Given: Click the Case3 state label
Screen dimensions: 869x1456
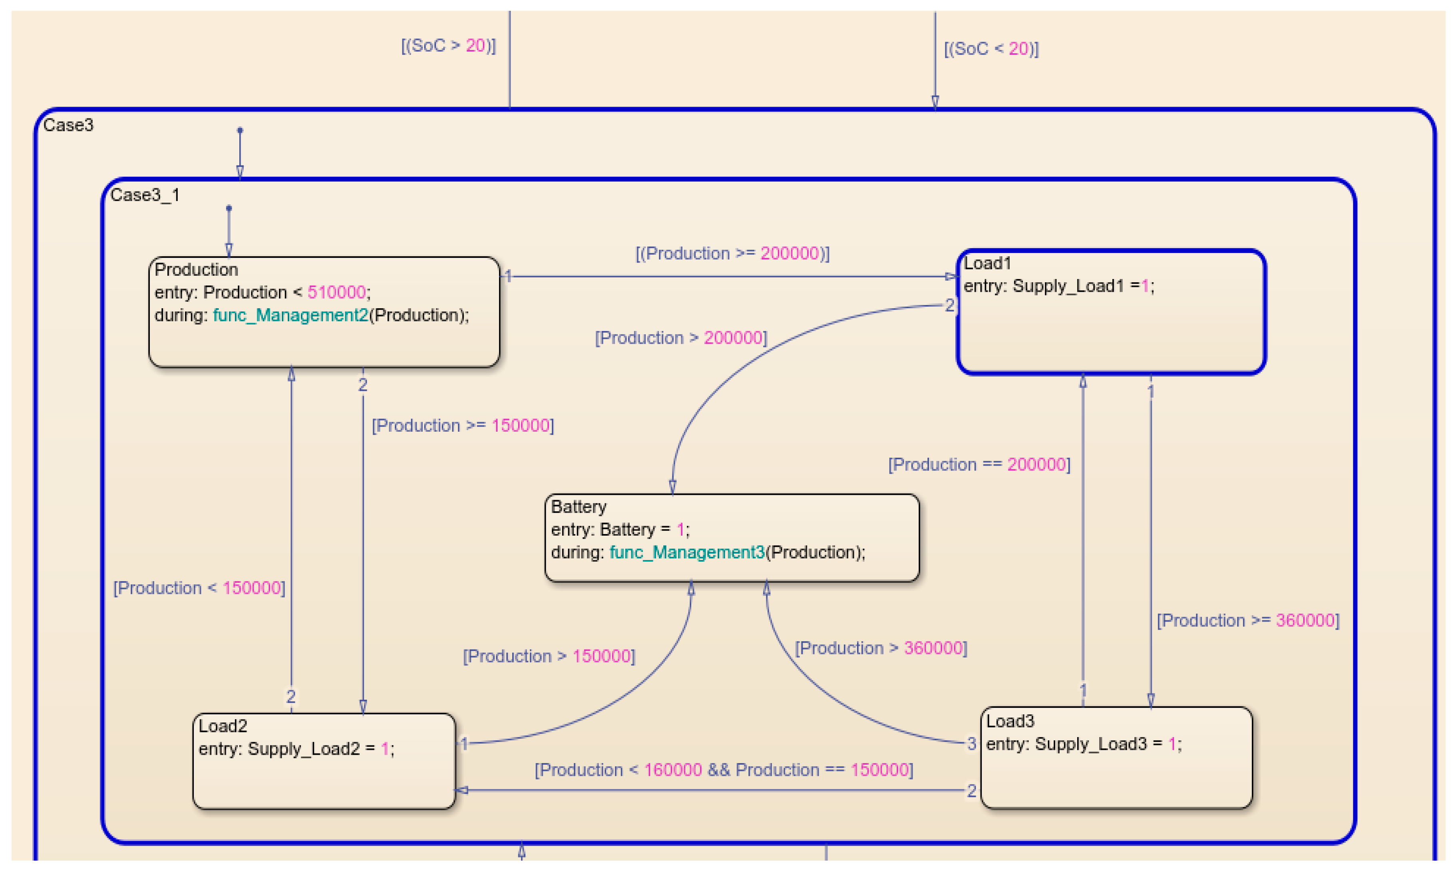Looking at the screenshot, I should [68, 126].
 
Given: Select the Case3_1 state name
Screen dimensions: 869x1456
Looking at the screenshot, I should [145, 195].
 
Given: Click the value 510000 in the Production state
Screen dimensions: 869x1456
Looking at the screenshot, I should [336, 292].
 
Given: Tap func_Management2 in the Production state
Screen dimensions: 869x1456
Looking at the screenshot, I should [290, 315].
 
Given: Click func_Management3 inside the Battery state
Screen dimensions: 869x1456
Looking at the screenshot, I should [686, 552].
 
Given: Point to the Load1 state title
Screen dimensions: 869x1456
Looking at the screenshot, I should [987, 263].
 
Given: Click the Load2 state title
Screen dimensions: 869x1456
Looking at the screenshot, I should [223, 726].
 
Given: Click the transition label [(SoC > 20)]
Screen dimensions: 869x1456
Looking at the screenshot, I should [448, 46].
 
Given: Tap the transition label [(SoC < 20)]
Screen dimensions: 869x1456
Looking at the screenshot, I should [991, 49].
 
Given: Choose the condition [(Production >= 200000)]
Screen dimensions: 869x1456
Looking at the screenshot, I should [732, 253].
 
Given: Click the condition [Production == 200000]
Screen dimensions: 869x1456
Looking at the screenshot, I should [979, 464].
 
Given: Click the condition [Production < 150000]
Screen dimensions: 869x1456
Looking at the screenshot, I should [199, 588].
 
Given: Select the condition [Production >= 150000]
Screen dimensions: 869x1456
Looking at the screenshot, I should [462, 425].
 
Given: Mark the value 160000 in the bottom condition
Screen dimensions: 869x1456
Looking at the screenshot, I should [672, 769].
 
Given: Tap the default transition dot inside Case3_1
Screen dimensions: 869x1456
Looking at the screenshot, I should [229, 208].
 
